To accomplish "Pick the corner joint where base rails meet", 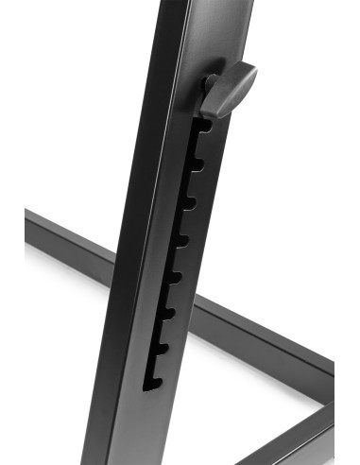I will (326, 387).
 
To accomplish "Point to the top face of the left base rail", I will (66, 232).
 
